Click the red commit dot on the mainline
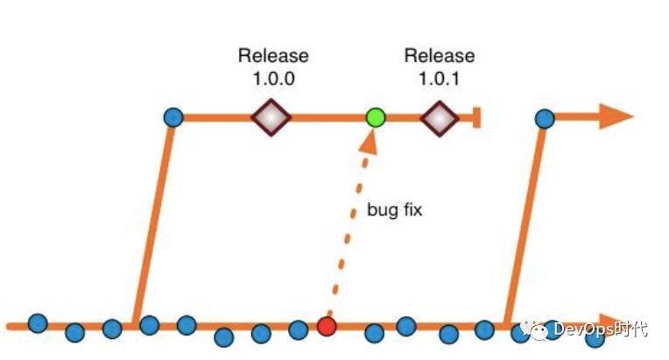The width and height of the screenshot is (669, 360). point(327,327)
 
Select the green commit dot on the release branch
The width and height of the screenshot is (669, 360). point(376,116)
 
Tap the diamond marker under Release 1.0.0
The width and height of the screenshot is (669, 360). point(271,116)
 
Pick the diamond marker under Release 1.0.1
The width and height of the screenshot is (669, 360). point(439,116)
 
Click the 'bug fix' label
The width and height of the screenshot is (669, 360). point(395,211)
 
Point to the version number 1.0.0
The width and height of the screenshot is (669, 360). point(273,77)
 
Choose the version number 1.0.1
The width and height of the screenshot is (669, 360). point(440,77)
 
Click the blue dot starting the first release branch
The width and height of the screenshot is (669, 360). point(173,116)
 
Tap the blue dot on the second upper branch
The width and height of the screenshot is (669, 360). point(544,116)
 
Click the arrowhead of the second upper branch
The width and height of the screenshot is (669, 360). point(616,116)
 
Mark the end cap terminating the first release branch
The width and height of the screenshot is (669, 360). point(476,116)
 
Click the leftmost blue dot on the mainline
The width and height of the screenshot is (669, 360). point(37,323)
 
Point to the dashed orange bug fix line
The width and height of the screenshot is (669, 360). point(348,236)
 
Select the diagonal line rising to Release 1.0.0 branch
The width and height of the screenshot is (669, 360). point(153,219)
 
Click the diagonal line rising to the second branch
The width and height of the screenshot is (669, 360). point(525,219)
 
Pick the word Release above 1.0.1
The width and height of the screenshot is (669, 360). point(440,56)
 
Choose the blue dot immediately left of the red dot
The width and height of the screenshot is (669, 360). point(298,330)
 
